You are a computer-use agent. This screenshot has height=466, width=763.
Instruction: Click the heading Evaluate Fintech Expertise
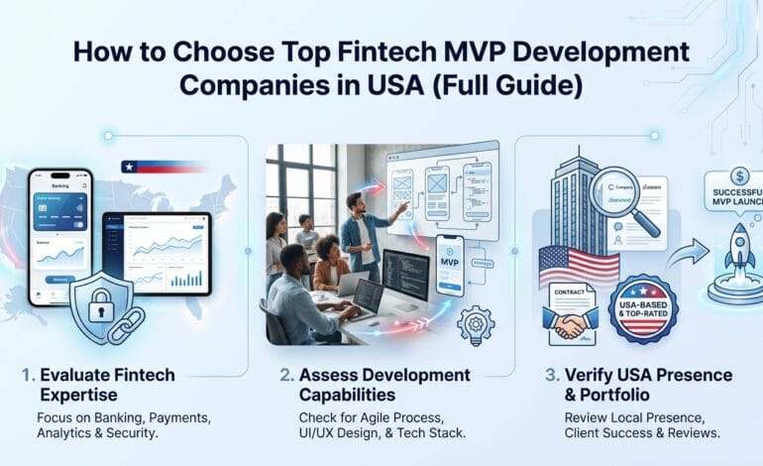click(x=108, y=386)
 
